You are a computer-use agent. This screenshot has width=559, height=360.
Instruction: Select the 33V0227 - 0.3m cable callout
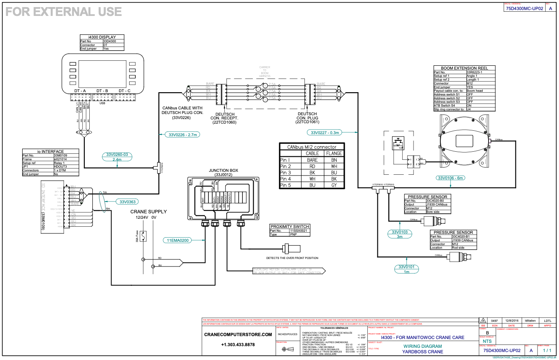[325, 132]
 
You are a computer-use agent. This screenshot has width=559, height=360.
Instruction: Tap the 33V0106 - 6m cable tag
[451, 178]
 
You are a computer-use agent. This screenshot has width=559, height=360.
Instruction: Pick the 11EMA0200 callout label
[178, 241]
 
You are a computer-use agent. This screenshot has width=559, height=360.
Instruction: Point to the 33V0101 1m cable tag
[406, 269]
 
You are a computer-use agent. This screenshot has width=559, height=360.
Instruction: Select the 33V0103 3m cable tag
[400, 234]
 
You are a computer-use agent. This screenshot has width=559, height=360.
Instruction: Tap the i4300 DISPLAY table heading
[104, 37]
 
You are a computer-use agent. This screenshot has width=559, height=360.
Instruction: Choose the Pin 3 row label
[286, 173]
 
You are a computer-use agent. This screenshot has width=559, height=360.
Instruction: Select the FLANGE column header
[334, 153]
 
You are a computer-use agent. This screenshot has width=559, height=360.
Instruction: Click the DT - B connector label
[102, 91]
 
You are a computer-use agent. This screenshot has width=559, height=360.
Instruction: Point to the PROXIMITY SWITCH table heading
[289, 227]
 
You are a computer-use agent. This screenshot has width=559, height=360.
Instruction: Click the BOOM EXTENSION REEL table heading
[464, 68]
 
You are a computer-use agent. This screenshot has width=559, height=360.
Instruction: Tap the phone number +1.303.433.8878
[238, 344]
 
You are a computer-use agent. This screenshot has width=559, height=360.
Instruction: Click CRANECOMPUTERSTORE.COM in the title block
[238, 335]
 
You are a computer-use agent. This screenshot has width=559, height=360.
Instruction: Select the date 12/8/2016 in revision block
[512, 321]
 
